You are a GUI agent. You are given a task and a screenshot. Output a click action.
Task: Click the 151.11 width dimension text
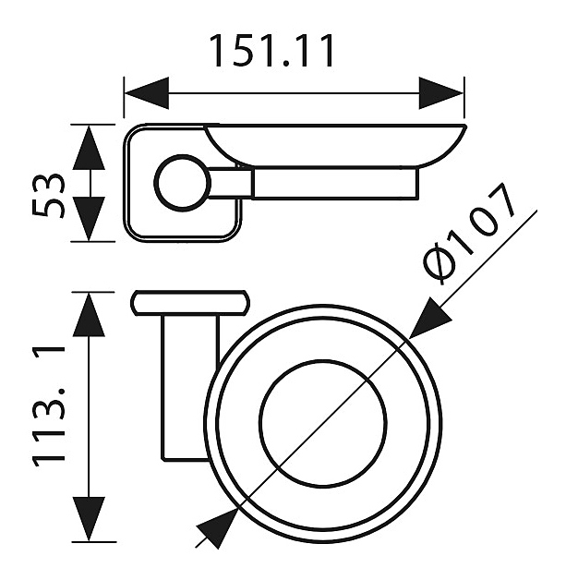click(272, 51)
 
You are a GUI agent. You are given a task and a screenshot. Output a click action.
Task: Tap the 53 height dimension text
click(49, 195)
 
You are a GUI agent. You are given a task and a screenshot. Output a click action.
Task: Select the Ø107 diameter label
click(469, 235)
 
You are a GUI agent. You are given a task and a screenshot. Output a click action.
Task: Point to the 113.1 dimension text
click(49, 406)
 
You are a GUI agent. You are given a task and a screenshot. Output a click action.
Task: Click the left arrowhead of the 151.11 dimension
click(147, 93)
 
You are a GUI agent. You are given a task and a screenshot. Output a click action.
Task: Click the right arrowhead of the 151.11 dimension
click(441, 93)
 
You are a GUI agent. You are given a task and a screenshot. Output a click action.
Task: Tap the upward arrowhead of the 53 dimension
click(89, 147)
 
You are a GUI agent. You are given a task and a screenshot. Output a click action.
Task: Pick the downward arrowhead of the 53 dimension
click(89, 219)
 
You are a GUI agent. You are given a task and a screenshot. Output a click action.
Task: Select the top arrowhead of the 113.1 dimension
click(89, 314)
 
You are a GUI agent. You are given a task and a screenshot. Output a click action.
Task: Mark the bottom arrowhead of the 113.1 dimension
click(89, 519)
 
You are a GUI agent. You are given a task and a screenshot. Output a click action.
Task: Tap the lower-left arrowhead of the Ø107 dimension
click(217, 529)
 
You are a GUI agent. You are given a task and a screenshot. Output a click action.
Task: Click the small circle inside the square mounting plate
click(182, 183)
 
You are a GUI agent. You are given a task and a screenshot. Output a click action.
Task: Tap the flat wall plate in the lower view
click(190, 303)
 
